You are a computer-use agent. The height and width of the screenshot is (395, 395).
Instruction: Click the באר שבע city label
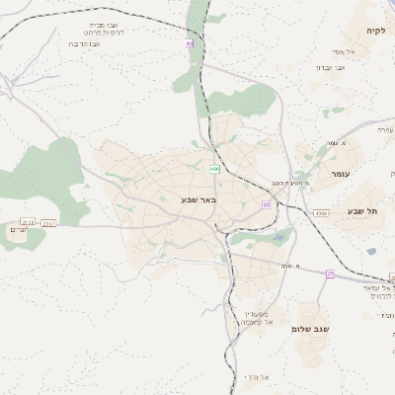[x=197, y=199]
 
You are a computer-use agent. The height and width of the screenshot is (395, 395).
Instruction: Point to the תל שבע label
[x=362, y=211]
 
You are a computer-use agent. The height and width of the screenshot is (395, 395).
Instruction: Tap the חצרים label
[x=19, y=230]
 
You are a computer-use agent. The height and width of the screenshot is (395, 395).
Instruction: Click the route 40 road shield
[x=190, y=41]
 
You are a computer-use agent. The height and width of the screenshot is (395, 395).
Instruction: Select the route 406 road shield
[x=213, y=169]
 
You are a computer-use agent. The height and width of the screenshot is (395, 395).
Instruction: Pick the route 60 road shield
[x=266, y=203]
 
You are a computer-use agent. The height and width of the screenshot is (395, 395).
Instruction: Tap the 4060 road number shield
[x=322, y=213]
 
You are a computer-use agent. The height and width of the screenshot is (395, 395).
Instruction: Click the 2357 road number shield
[x=48, y=223]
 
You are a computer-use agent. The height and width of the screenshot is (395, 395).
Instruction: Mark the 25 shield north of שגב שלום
[x=331, y=273]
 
